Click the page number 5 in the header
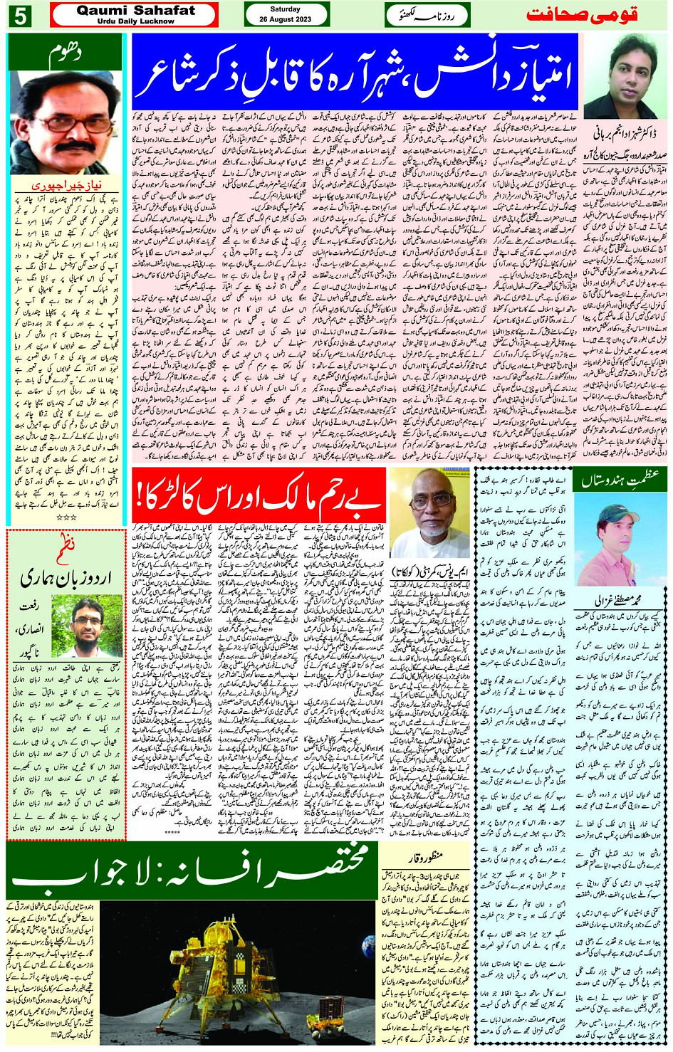(20, 15)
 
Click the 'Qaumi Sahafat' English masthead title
(135, 10)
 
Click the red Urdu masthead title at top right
(582, 15)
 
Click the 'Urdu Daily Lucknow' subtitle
(135, 21)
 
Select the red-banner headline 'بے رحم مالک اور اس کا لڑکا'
(258, 497)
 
